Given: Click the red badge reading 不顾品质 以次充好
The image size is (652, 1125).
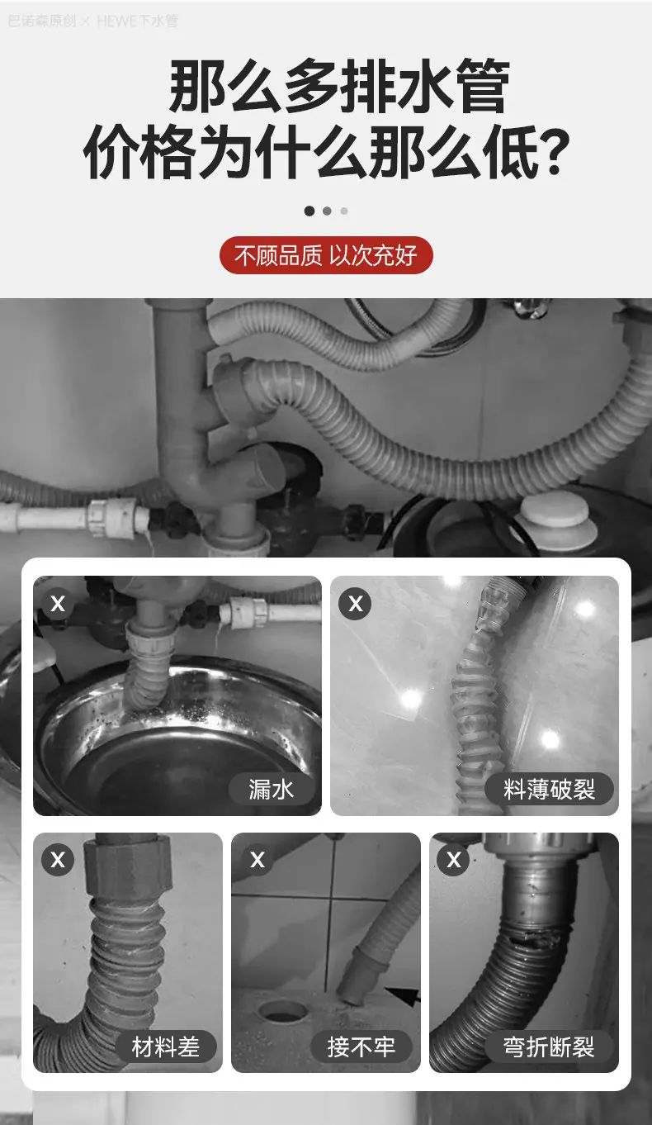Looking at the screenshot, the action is click(326, 255).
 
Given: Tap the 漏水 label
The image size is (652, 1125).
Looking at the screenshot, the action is click(272, 789).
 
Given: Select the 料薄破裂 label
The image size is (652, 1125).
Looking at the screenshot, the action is click(549, 789).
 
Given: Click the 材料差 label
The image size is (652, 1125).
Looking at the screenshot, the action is click(166, 1047).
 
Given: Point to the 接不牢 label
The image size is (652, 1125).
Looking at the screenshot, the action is click(361, 1047).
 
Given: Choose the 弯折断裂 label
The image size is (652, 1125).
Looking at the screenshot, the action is click(549, 1047).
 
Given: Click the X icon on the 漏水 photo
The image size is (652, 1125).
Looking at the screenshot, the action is click(58, 603).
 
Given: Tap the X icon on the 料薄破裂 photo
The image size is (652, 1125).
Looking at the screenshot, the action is click(356, 603).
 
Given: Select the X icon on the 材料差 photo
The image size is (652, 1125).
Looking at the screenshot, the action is click(58, 859).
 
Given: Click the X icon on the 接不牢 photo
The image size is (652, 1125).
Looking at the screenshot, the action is click(257, 859).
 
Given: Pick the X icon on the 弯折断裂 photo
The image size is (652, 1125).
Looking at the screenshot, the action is click(454, 859).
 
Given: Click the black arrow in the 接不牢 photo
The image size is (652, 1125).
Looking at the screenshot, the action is click(403, 994).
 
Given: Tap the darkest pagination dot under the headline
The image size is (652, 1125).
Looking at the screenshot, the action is click(309, 211).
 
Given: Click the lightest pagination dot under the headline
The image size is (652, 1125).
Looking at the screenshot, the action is click(344, 211).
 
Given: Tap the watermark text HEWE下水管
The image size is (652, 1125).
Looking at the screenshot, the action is click(138, 21).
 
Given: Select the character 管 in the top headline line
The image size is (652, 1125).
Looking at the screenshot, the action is click(484, 85).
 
